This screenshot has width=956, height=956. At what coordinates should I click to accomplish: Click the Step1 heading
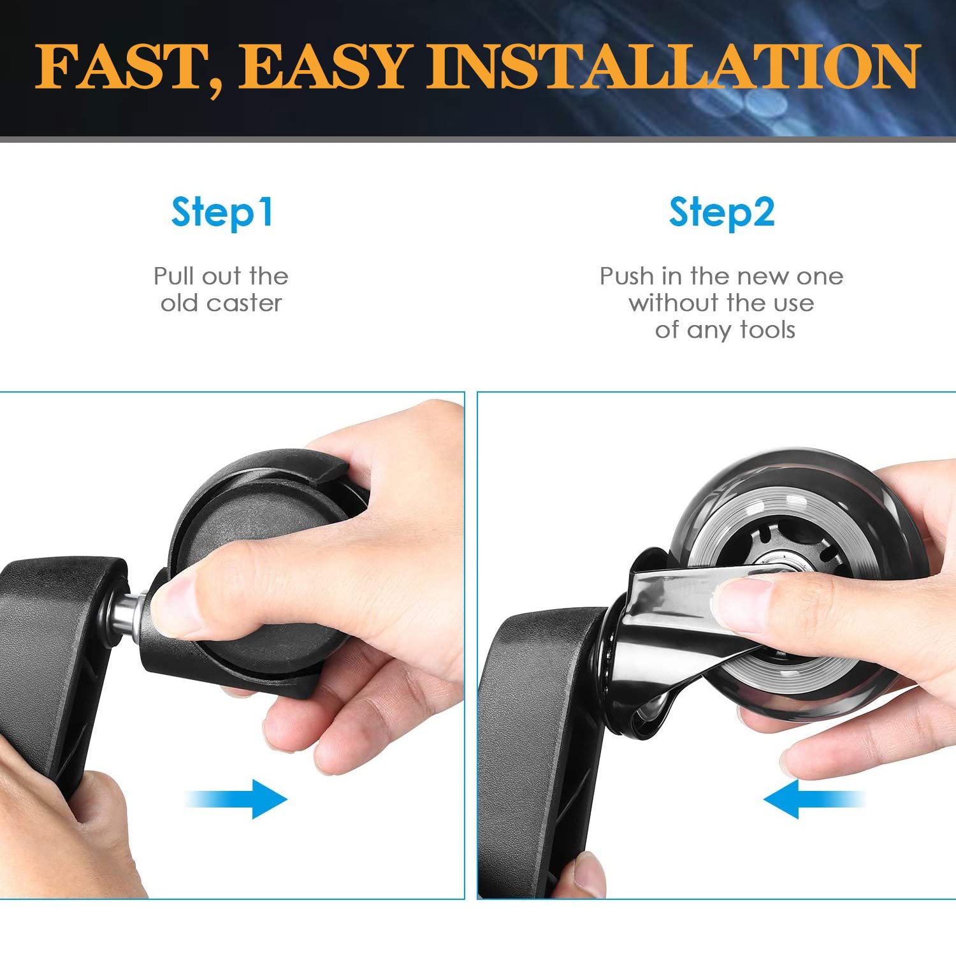[222, 213]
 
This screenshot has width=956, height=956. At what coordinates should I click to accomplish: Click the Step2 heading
[721, 213]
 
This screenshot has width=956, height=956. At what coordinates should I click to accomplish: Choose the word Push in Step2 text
[627, 276]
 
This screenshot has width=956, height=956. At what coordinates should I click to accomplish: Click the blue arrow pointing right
[236, 799]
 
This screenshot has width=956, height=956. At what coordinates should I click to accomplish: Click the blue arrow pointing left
[814, 799]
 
